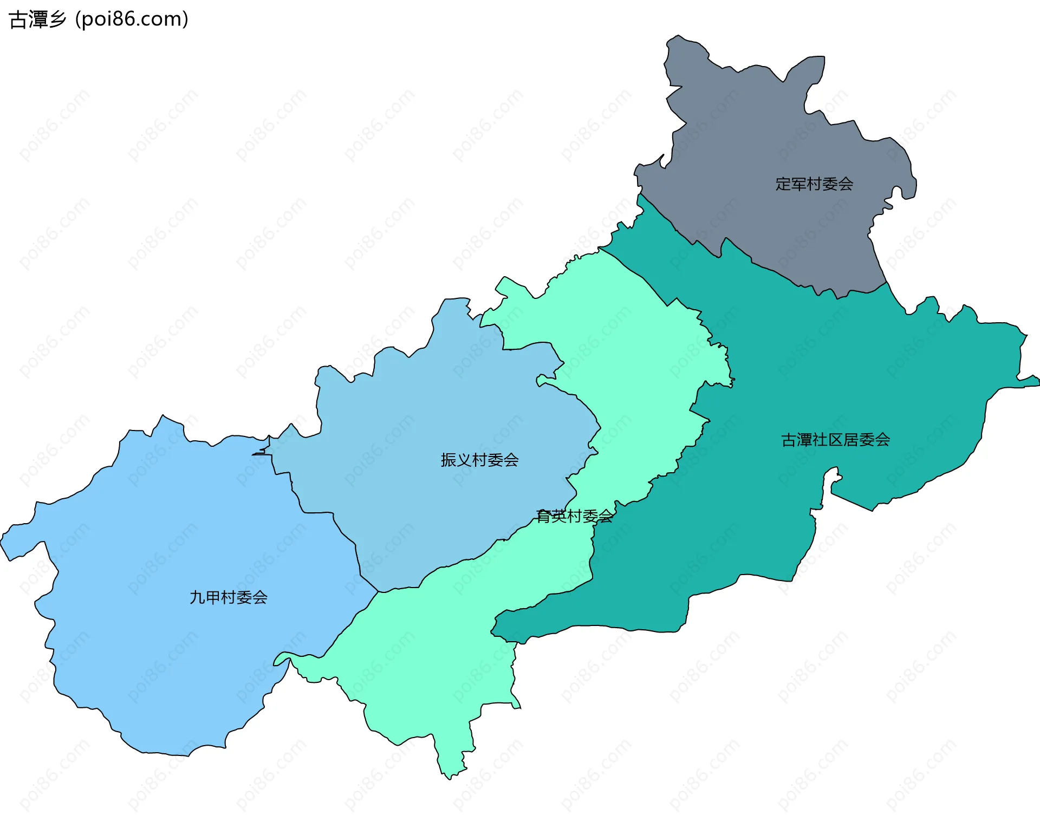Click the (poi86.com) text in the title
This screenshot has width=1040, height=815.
(x=132, y=19)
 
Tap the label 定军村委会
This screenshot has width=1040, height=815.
(x=814, y=184)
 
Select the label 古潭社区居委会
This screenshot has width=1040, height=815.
(x=835, y=440)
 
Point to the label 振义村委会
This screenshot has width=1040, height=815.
(x=479, y=460)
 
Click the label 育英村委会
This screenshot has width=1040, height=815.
(x=574, y=516)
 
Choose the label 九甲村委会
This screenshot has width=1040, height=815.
(x=228, y=597)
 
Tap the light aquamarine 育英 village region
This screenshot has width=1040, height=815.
(x=433, y=650)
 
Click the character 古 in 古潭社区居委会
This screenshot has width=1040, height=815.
(x=788, y=440)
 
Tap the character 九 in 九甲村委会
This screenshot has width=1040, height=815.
(x=197, y=597)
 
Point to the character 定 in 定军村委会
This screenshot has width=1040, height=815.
(x=783, y=184)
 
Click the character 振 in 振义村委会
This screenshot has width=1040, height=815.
(x=448, y=460)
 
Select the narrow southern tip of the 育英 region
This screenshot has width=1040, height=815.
(x=450, y=772)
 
